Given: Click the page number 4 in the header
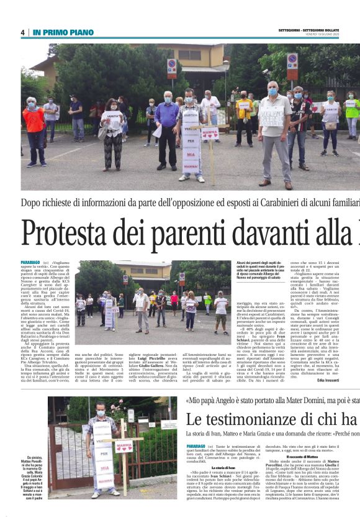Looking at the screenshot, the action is point(22,32).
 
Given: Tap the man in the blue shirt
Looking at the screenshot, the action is point(166,122).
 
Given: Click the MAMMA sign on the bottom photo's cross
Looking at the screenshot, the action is point(124,447).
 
